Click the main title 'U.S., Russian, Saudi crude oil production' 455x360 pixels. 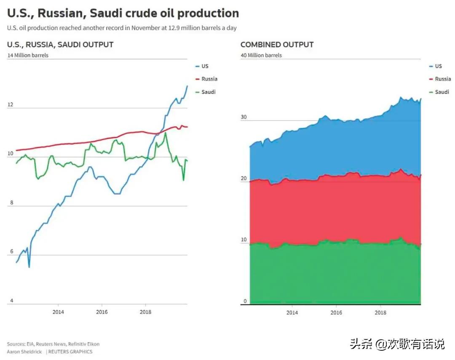point(123,13)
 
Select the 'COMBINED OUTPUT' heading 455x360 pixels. point(277,45)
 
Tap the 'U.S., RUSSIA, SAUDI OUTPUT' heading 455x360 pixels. point(60,45)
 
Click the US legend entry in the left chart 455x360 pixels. point(205,66)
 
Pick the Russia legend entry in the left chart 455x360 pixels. point(209,79)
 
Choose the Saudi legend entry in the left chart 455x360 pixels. point(208,92)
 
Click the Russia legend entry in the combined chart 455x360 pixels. point(442,79)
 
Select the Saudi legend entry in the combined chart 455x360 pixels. point(442,92)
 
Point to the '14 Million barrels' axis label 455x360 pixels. point(28,55)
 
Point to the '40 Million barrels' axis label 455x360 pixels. point(261,55)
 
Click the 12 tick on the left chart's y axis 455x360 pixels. point(10,104)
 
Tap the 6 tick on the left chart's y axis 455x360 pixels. point(12,251)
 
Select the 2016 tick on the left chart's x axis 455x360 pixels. point(102,312)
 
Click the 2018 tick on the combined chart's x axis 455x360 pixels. point(380,312)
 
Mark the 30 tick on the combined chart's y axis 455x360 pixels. point(244,117)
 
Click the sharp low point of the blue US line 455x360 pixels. point(29,267)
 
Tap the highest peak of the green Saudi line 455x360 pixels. point(166,133)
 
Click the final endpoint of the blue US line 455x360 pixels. point(187,86)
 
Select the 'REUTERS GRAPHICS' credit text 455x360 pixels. point(70,352)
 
